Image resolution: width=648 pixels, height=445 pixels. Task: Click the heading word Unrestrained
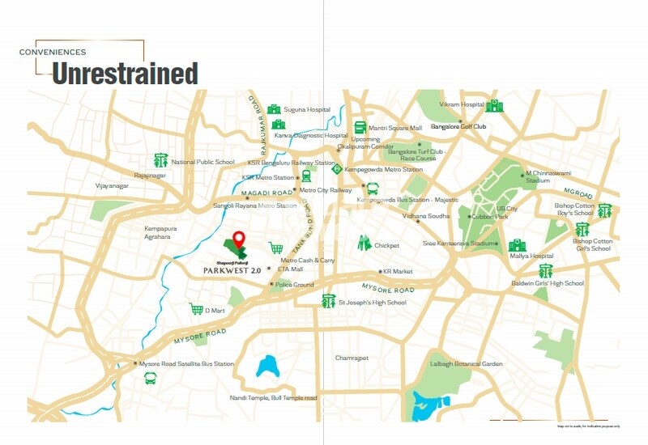[x=125, y=74]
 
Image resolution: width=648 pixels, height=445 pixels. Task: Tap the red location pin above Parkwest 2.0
[x=238, y=240]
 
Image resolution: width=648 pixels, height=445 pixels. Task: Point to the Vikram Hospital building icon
[x=494, y=105]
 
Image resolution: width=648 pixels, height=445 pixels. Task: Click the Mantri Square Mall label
[x=395, y=128]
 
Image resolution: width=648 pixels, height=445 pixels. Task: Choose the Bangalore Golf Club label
[x=458, y=127]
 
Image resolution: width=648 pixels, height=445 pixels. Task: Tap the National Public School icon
[x=160, y=161]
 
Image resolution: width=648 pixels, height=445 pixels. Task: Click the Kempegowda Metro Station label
[x=384, y=169]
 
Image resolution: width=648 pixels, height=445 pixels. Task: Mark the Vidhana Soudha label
[x=426, y=217]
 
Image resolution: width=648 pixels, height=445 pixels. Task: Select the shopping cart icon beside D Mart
[x=196, y=309]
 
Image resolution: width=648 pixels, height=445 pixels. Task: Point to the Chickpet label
[x=387, y=245]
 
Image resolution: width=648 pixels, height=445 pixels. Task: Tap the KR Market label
[x=398, y=272]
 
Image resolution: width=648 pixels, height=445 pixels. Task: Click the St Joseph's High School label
[x=373, y=303]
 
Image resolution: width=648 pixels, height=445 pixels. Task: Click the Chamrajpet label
[x=352, y=357]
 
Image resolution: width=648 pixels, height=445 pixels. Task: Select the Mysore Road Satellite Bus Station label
[x=186, y=364]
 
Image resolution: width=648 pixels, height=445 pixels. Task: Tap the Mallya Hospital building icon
[x=517, y=245]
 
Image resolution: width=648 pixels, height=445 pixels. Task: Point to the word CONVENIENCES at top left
[x=53, y=53]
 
